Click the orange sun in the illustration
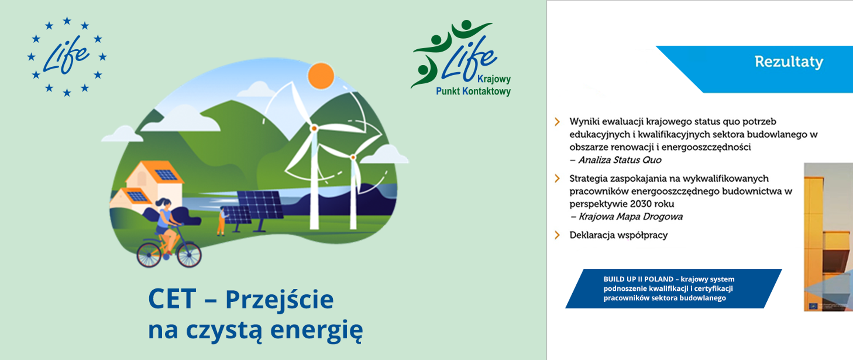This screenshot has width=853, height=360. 321,76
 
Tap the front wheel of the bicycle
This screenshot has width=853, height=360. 189,254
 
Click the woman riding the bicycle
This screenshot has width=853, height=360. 165,220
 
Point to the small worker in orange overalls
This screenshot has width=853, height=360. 221,221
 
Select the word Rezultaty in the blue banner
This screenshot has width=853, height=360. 789,62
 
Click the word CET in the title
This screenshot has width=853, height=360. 172,299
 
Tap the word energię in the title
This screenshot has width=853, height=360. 316,330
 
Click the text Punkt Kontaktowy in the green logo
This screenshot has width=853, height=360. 473,92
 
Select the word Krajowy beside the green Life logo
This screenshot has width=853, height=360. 494,79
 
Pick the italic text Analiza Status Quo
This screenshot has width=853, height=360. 619,160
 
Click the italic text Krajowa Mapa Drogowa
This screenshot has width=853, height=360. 630,217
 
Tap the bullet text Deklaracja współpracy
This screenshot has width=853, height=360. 618,235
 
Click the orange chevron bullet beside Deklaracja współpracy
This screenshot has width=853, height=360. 557,235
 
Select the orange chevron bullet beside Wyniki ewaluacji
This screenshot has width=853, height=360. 557,122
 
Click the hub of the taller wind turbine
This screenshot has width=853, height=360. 314,128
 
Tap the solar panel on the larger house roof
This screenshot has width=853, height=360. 166,174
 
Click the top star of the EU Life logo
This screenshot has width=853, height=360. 67,20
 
